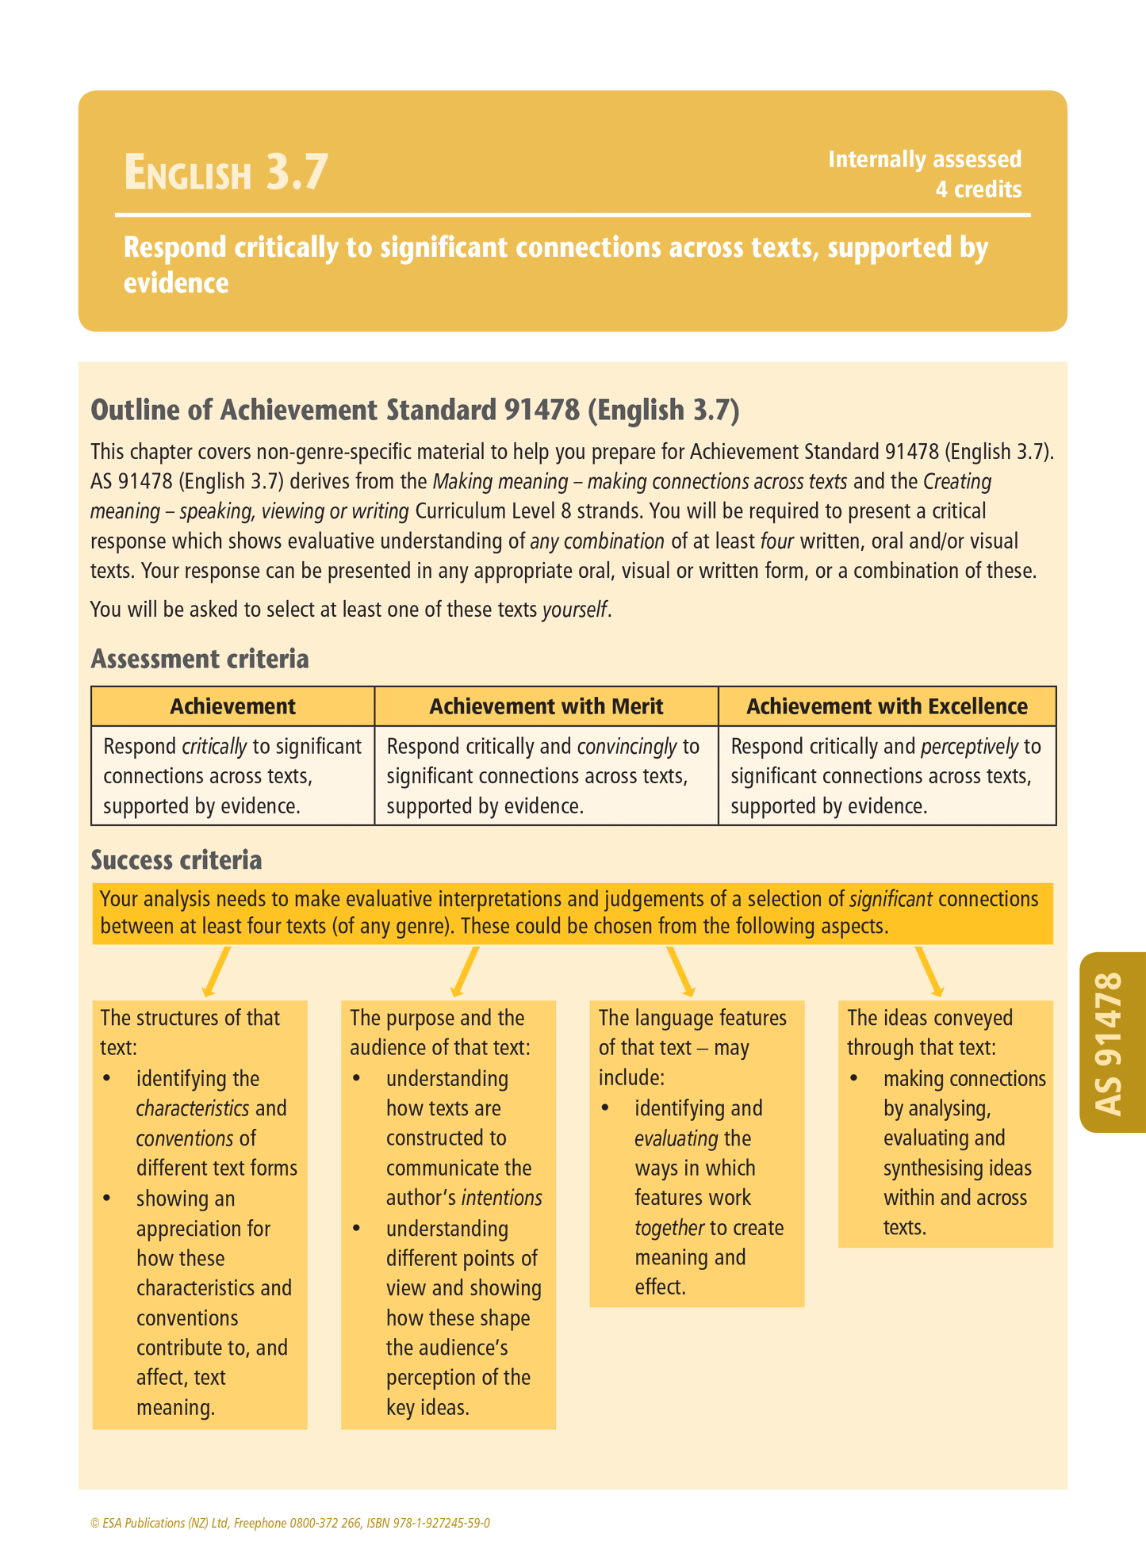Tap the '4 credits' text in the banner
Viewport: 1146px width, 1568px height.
(978, 189)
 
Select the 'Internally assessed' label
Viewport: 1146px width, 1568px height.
(925, 159)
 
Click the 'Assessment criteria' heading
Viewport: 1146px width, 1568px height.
(200, 659)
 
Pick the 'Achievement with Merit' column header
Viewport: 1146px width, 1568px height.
(546, 706)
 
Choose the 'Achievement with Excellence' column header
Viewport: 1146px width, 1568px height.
(887, 706)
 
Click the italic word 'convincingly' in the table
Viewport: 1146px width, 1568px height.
(627, 747)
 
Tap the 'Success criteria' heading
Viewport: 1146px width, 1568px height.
(176, 859)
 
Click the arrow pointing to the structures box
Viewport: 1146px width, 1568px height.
(216, 971)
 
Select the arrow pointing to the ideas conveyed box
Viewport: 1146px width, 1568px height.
(929, 971)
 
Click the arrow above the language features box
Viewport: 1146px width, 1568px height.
(681, 971)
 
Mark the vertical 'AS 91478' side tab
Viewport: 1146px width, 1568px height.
(1111, 1042)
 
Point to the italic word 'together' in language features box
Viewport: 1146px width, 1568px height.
(669, 1228)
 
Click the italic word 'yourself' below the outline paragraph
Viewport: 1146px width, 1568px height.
(575, 610)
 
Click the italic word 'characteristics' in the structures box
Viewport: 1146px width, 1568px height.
(193, 1108)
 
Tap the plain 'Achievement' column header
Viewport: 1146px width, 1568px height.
(232, 706)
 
